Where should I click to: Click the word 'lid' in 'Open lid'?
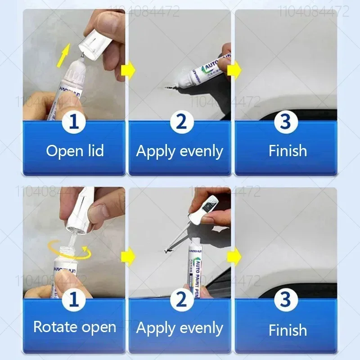tap(94, 151)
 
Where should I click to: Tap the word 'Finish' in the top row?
tap(288, 151)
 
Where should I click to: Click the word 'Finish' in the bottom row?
tap(288, 330)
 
